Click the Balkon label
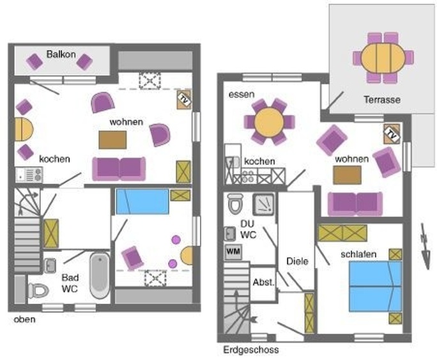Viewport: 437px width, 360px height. (61, 54)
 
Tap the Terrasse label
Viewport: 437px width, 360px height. (382, 100)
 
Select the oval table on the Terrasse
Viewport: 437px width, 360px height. (383, 58)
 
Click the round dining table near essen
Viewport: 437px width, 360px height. (269, 122)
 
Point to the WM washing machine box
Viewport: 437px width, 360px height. (233, 252)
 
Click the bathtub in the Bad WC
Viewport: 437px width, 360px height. (100, 276)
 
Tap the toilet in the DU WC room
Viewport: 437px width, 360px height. (236, 203)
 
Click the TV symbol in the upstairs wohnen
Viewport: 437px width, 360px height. (184, 99)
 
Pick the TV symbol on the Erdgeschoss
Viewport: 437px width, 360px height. (392, 134)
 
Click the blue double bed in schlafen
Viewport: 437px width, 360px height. (376, 286)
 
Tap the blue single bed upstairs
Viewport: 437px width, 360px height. (142, 201)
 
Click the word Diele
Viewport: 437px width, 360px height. (297, 262)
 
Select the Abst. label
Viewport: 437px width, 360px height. (264, 282)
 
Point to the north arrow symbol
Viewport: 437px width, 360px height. (425, 246)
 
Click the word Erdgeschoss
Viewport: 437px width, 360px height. (251, 350)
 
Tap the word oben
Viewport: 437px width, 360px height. (24, 319)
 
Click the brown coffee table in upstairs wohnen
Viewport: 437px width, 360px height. (112, 140)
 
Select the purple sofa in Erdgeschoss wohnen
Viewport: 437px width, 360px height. (355, 204)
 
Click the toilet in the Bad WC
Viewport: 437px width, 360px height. (38, 290)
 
